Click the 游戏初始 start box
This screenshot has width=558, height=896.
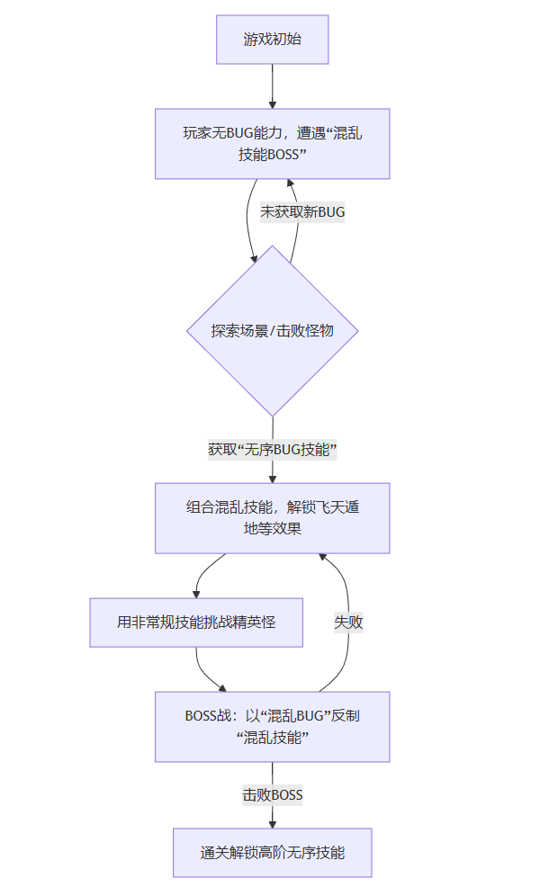tap(272, 40)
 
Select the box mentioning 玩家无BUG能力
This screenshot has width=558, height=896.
tap(272, 144)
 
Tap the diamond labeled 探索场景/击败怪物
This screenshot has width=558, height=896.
tap(272, 330)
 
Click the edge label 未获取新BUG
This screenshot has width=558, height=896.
tap(302, 211)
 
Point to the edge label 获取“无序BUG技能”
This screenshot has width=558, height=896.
tap(272, 449)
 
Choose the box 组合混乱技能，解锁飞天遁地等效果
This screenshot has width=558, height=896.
tap(272, 517)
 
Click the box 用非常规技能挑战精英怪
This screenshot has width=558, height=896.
tap(196, 622)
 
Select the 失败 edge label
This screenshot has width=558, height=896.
tap(348, 622)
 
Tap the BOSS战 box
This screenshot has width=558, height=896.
tap(272, 726)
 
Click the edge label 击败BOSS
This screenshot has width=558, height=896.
tap(272, 794)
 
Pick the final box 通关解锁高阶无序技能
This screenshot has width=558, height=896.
tap(272, 852)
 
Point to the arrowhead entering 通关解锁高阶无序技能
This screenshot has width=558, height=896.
tap(272, 823)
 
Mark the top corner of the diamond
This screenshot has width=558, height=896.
tap(272, 246)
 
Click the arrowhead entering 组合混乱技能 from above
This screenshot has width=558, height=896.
tap(272, 478)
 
